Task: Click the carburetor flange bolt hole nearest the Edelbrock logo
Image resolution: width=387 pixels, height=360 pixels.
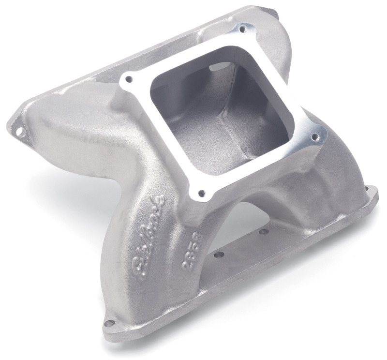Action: [201, 194]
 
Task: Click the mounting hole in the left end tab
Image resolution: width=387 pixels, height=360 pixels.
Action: [20, 131]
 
